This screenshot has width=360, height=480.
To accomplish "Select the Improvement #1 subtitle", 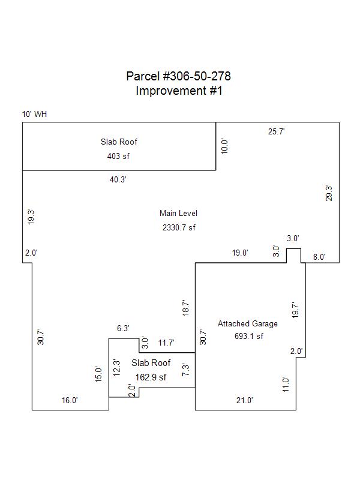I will [178, 91].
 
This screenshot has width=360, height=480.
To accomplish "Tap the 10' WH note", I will [34, 114].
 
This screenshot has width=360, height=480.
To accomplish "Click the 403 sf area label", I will [118, 156].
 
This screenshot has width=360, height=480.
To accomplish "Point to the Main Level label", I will [178, 213].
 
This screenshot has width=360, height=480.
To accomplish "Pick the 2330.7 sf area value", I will [179, 227].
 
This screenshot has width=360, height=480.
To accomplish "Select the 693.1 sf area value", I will [248, 336].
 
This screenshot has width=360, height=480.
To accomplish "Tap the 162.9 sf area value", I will [151, 377].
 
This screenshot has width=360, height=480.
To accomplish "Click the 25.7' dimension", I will [276, 131].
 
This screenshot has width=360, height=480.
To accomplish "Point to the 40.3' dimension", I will [118, 179].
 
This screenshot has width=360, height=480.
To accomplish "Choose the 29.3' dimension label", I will [329, 193].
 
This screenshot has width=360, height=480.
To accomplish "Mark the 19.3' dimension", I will [31, 216].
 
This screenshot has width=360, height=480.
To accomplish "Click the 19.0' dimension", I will [240, 253].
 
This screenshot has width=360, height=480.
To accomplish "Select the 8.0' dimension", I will [319, 257].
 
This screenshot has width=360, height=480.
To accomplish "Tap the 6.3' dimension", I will [123, 329].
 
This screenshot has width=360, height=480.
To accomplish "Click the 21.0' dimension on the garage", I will [244, 400].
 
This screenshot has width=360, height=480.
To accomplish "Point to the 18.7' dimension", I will [186, 308].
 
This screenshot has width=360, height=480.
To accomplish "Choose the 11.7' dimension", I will [166, 343].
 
